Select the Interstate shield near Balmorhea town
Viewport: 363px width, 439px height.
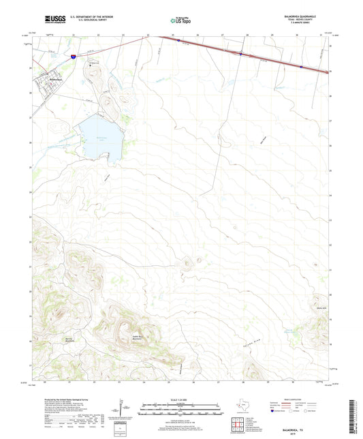pos(72,59)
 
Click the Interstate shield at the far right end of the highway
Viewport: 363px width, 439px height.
pos(300,66)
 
